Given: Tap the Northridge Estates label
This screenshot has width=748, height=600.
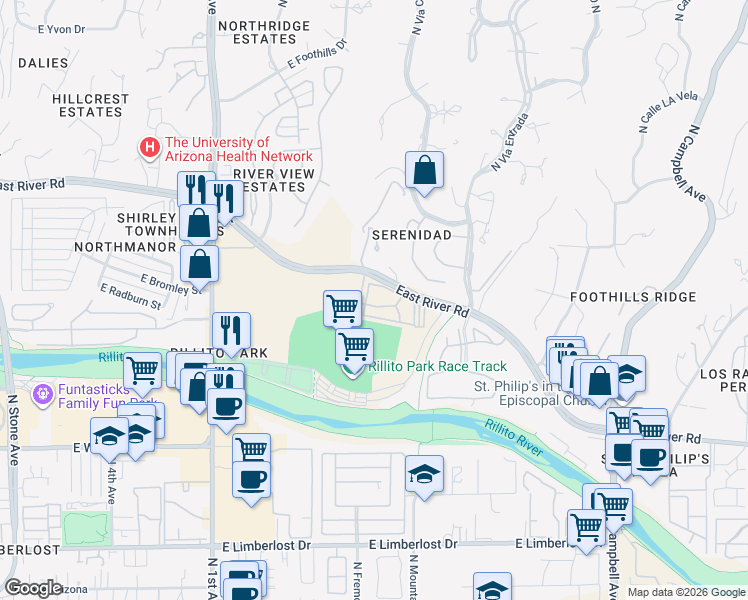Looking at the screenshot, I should [257, 32].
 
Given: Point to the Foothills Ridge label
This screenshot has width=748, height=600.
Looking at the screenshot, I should [632, 297].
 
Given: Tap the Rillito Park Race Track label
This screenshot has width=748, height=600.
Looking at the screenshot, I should [437, 367].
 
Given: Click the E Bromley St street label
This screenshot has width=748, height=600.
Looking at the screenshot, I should [171, 283].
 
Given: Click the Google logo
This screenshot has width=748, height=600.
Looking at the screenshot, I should [34, 588].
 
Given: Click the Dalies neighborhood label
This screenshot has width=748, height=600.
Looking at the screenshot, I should [42, 62].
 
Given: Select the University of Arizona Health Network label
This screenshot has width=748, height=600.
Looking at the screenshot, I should [239, 149].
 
